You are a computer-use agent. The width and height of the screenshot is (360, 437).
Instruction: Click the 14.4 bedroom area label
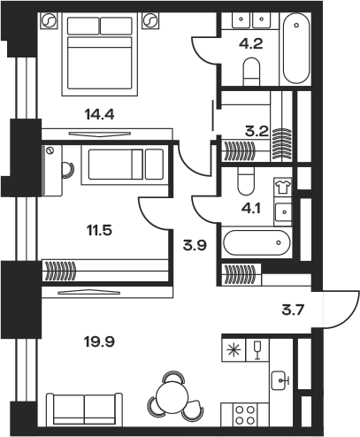99,114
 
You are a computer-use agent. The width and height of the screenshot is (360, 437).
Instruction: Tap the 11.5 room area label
99,230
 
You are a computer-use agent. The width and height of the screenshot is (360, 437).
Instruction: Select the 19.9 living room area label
99,342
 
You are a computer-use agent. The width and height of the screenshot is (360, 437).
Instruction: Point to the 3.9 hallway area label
195,245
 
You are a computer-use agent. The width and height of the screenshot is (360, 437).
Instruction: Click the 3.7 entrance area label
293,310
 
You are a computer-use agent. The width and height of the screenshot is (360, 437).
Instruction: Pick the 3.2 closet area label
257,132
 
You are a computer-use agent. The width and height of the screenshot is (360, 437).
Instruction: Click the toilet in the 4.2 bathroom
252,72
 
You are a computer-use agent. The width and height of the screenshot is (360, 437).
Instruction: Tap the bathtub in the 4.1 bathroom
257,242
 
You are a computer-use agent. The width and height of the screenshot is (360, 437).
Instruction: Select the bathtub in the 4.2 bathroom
296,48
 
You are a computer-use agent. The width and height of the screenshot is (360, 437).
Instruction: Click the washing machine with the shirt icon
282,187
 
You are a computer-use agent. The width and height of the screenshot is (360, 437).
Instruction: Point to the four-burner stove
244,414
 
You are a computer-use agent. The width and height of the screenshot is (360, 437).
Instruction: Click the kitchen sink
280,380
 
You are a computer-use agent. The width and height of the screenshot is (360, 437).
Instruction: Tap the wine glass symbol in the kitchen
257,350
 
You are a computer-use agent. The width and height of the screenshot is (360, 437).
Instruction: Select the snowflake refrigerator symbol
234,350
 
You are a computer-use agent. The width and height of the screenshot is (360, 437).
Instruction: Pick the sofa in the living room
84,409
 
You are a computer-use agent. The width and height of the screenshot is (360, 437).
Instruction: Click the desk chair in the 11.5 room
68,170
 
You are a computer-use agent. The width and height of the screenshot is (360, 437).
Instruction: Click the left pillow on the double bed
83,26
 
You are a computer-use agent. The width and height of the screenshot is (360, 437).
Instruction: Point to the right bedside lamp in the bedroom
150,21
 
